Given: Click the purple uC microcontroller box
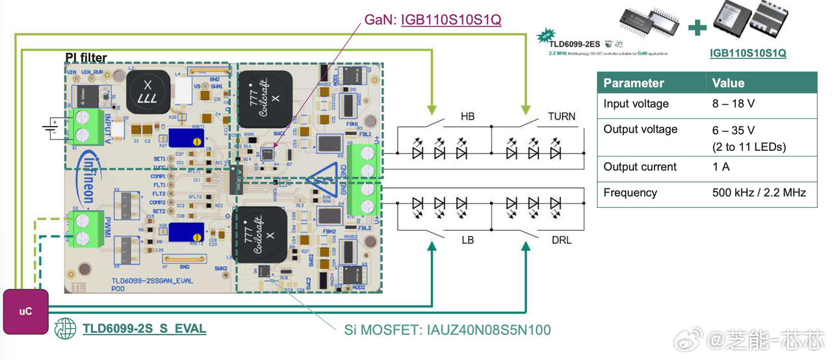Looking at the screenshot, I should click(25, 311).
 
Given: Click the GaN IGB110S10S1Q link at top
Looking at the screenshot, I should click(451, 19).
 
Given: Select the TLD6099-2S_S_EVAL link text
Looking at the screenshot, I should click(144, 329).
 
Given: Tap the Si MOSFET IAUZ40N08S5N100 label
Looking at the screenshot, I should click(447, 330).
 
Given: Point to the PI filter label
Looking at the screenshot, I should click(86, 58).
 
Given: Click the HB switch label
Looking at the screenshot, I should click(467, 117).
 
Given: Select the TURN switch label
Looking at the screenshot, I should click(562, 117).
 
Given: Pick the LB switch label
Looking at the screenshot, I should click(467, 240).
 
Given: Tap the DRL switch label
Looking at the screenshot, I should click(561, 240).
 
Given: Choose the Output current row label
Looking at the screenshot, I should click(640, 167).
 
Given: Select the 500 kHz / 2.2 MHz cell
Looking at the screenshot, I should click(759, 193).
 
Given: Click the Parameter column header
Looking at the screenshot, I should click(634, 83).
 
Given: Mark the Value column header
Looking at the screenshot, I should click(728, 83).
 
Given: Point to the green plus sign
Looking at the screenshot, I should click(697, 27).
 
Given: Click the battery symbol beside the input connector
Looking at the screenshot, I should click(51, 127).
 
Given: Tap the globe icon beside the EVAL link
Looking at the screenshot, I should click(66, 328).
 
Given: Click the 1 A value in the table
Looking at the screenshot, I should click(721, 167).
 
